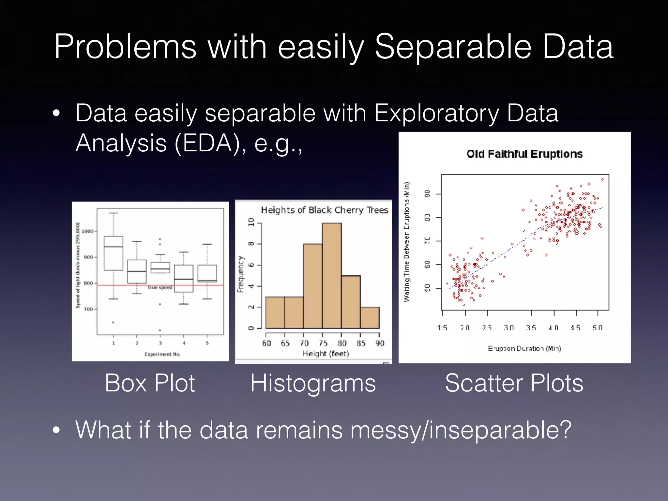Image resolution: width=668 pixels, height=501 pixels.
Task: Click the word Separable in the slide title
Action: [453, 47]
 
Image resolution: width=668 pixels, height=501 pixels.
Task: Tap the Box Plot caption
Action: [150, 383]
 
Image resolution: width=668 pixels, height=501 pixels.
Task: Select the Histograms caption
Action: [313, 383]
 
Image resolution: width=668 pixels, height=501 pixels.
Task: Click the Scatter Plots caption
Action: [514, 383]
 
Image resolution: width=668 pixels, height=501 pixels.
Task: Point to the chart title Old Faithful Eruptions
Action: [524, 154]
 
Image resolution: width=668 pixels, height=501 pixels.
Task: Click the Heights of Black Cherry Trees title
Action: [325, 210]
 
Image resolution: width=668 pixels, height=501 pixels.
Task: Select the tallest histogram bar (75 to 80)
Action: [332, 276]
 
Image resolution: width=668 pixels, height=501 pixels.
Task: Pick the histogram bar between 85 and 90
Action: [370, 318]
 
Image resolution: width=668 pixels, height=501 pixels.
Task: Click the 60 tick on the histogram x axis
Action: [266, 343]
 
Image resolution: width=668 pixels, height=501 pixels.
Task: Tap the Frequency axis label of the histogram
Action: [241, 274]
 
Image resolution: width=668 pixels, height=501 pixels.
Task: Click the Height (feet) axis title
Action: [326, 354]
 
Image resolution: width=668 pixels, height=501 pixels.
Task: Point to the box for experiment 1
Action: [114, 253]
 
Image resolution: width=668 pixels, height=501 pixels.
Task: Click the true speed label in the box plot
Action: [160, 287]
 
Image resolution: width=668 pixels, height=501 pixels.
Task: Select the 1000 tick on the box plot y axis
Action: [87, 231]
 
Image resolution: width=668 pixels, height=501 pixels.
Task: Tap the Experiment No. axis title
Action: [162, 354]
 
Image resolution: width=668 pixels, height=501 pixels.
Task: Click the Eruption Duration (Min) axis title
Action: [524, 348]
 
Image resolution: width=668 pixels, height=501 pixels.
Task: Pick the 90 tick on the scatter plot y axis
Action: [427, 194]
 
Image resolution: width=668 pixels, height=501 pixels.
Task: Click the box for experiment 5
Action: [207, 273]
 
